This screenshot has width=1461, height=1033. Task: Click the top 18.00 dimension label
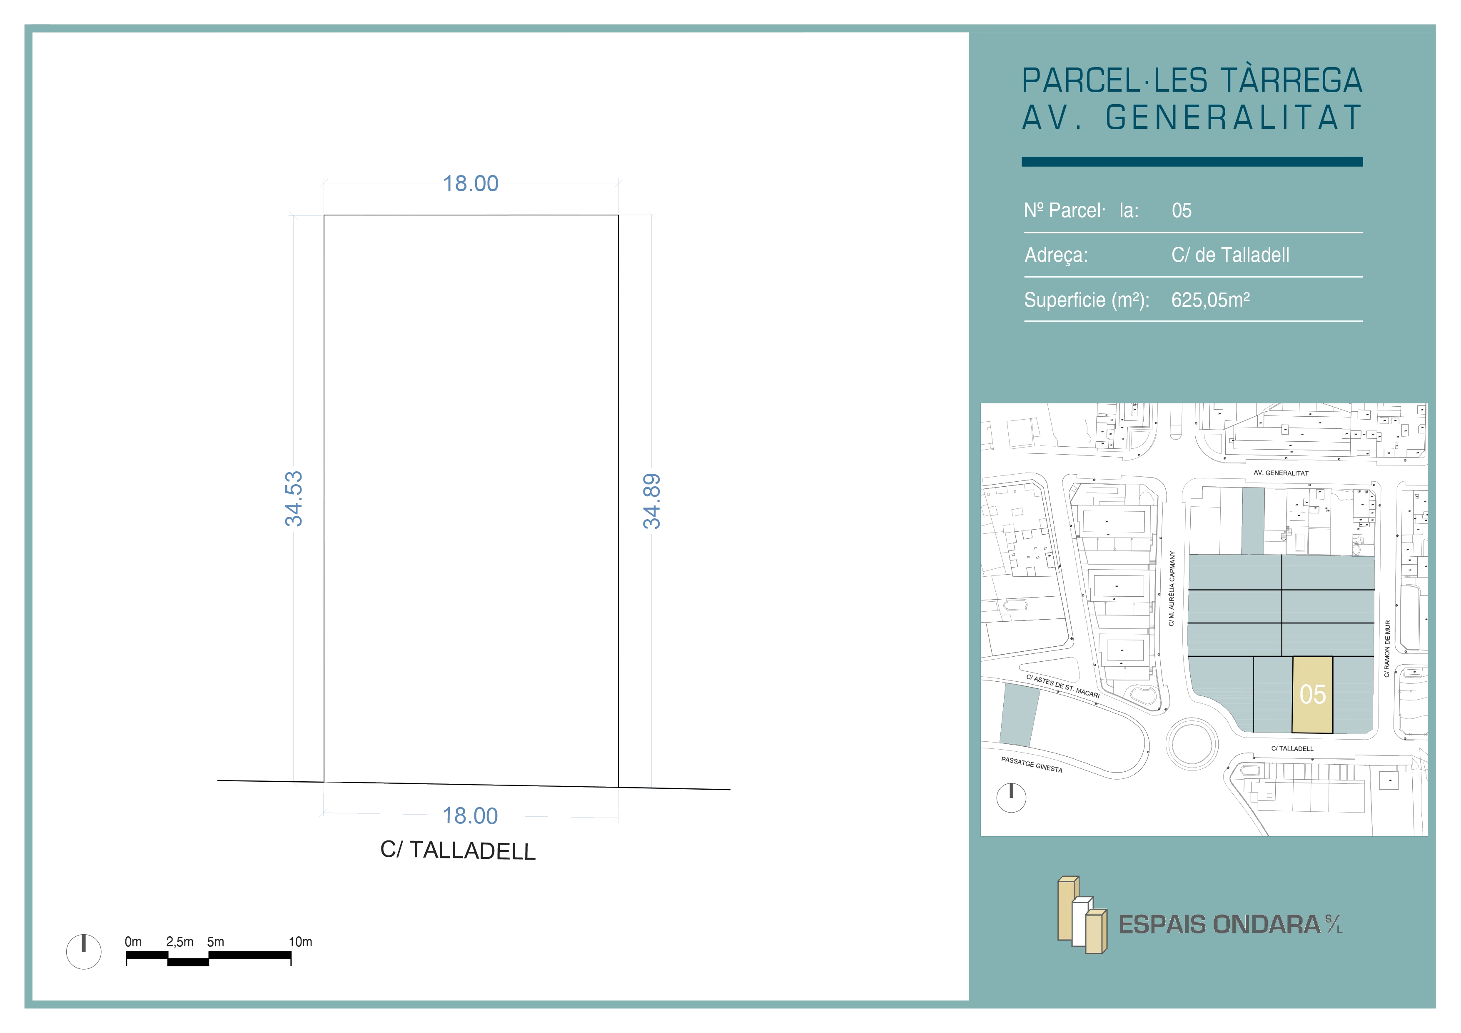click(x=471, y=183)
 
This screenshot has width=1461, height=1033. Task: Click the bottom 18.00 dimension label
click(x=470, y=815)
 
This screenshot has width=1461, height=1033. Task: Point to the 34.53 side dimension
click(x=293, y=499)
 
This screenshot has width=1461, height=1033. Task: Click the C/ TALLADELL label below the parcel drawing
click(x=458, y=850)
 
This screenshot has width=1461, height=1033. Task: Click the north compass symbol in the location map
click(x=1011, y=798)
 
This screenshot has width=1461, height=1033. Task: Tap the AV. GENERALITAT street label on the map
click(x=1281, y=473)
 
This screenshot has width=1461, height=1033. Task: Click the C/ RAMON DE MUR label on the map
click(x=1387, y=648)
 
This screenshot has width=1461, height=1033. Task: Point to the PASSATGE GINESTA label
click(x=1032, y=764)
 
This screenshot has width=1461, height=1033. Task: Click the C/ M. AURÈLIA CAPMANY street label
click(x=1172, y=589)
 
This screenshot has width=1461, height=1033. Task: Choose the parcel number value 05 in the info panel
click(x=1182, y=211)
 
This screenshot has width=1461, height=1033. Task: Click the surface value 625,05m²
click(x=1210, y=300)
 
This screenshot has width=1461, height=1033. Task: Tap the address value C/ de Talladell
click(x=1230, y=255)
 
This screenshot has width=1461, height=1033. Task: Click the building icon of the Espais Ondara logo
click(x=1082, y=915)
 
